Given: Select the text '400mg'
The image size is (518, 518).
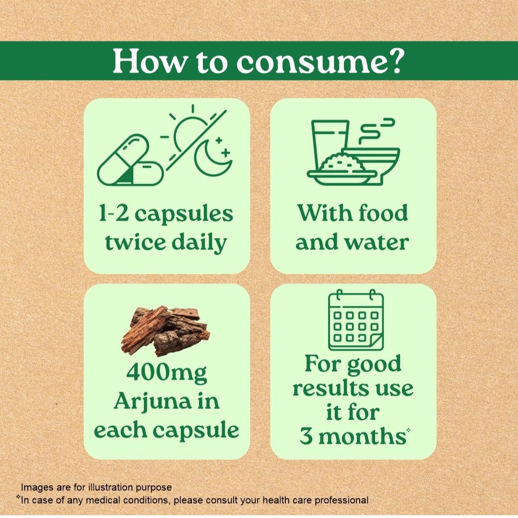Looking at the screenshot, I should coord(166,373).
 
